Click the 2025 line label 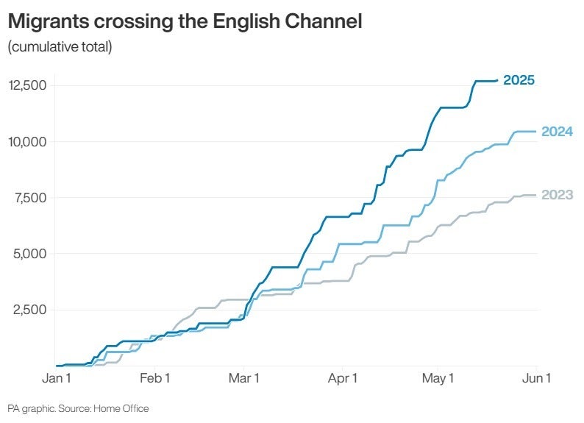point(519,80)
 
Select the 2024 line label point(558,132)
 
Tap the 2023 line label point(558,195)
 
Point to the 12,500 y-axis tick point(27,85)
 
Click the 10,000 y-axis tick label point(27,142)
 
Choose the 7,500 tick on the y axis point(31,198)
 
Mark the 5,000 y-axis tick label point(30,254)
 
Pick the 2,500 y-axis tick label point(30,310)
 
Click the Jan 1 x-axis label point(57,378)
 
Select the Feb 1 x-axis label point(155,378)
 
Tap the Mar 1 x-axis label point(244,378)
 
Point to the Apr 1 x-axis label point(343,378)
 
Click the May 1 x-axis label point(438,379)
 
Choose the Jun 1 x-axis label point(536,378)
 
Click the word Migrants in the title point(49,21)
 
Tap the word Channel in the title point(324,21)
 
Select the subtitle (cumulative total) point(60,47)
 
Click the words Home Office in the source point(121,409)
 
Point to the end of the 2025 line point(497,80)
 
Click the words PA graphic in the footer point(32,409)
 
